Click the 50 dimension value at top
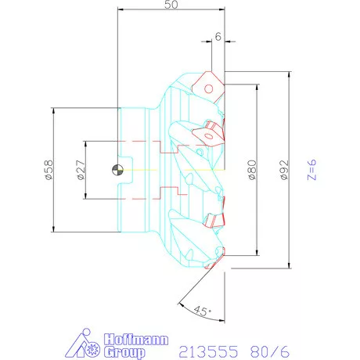[171, 4]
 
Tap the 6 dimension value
[218, 37]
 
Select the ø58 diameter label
[49, 170]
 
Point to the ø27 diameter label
[81, 170]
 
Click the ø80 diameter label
[252, 170]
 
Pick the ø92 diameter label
[284, 170]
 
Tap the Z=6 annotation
[311, 170]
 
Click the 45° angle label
[203, 311]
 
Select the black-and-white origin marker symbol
[117, 170]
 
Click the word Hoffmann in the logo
[136, 340]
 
